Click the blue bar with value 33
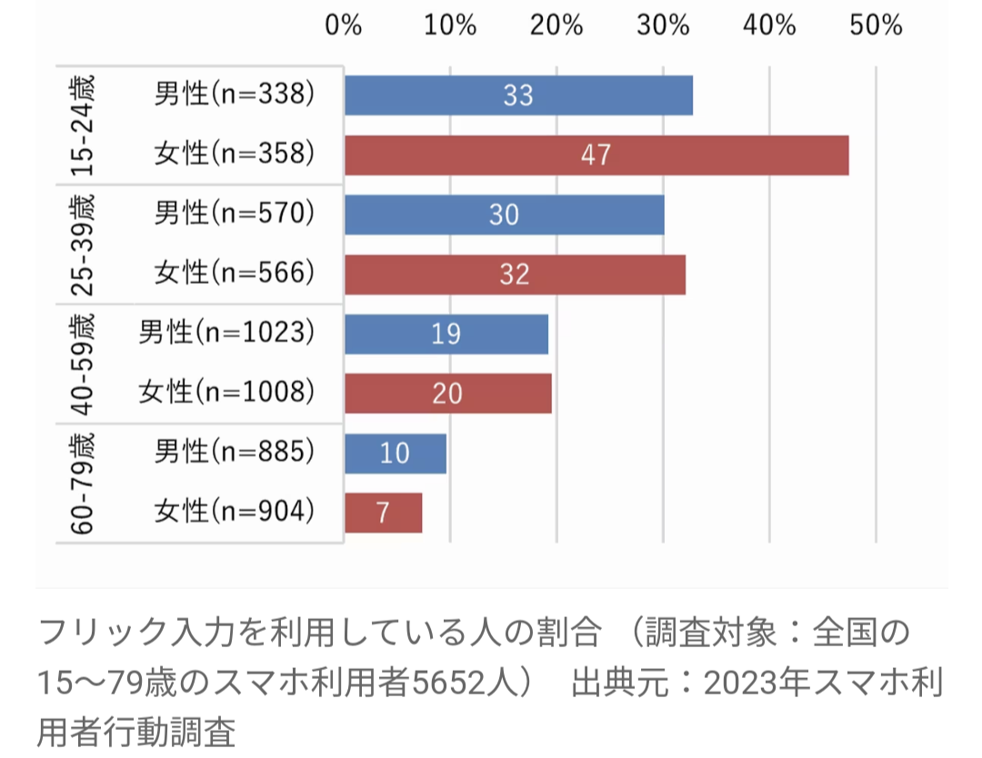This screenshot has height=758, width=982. pos(518,95)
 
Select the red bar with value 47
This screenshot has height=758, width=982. pos(596,155)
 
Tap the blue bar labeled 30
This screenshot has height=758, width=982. pos(504,214)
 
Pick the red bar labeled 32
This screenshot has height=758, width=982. pos(515,274)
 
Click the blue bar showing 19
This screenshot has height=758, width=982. pos(446,334)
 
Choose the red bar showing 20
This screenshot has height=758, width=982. pos(447,394)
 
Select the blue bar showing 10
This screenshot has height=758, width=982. pos(396,453)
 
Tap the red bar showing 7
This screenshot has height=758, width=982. pos(383,513)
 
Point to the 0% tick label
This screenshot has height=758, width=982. pos(344,25)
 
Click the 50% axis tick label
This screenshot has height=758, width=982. pos(876,25)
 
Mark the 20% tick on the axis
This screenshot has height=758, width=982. pos(556,25)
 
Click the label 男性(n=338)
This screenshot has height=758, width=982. pos(235,95)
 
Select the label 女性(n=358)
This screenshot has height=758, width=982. pos(235,155)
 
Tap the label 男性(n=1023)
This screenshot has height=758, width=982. pos(227,334)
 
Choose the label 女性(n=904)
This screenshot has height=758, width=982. pos(235,513)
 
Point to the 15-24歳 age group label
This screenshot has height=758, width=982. pos(82,125)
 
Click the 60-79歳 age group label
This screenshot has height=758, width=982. pos(82,483)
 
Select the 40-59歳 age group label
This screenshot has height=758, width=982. pos(82,364)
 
